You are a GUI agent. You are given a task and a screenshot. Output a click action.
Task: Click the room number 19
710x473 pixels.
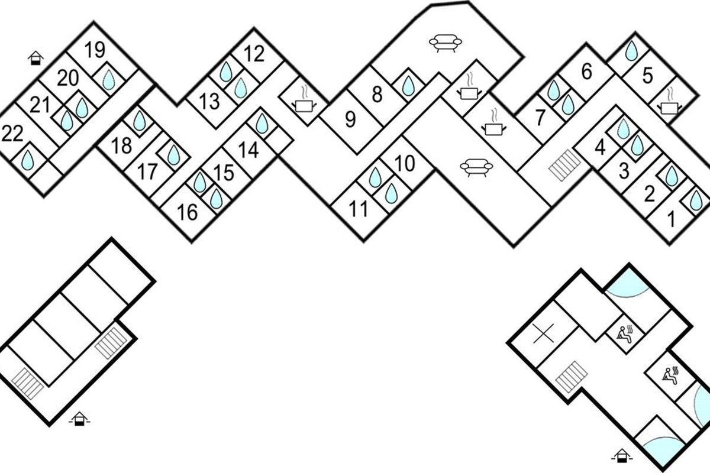(94, 50)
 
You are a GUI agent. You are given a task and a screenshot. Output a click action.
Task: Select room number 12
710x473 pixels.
(254, 54)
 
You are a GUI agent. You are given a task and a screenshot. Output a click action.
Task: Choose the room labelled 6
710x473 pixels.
(586, 72)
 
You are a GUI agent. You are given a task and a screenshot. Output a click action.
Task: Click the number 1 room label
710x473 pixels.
(671, 220)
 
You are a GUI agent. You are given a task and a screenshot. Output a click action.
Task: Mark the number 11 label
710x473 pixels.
(358, 209)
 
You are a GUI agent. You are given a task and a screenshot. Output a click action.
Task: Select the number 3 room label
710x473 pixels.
(624, 172)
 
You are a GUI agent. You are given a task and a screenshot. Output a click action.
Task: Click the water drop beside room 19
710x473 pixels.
(108, 79)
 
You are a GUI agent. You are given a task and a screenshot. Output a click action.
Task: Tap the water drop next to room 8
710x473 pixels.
(408, 86)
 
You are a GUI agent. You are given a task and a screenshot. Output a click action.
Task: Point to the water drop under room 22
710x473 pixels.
(27, 160)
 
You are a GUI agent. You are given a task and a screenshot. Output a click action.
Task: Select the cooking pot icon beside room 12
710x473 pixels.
(304, 103)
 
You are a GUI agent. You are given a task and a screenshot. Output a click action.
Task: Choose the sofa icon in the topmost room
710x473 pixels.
(445, 43)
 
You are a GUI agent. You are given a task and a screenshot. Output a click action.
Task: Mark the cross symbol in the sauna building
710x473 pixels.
(542, 335)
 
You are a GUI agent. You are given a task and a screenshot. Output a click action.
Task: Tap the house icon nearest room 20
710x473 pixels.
(37, 57)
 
